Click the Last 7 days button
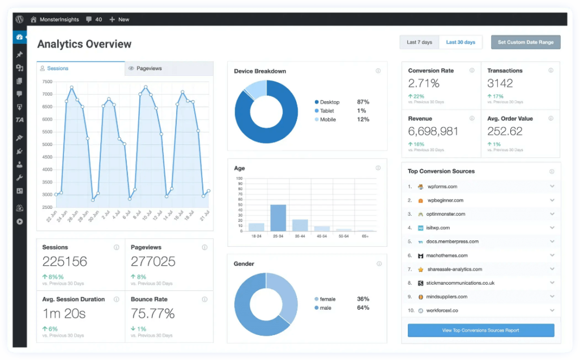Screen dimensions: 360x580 click(x=419, y=42)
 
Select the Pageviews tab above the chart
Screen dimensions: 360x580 click(x=146, y=68)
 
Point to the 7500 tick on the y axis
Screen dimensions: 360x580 click(x=47, y=82)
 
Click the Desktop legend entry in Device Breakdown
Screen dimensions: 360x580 click(x=329, y=102)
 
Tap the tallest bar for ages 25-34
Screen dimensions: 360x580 click(x=278, y=217)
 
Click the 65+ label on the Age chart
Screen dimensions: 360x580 click(x=364, y=236)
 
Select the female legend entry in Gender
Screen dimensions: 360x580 click(x=327, y=299)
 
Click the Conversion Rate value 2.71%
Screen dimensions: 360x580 click(x=424, y=84)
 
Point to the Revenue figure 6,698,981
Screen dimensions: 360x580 click(x=433, y=131)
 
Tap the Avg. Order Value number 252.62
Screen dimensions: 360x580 click(x=505, y=131)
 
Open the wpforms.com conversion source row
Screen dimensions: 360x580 click(x=442, y=186)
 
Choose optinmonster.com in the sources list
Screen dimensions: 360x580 click(x=446, y=214)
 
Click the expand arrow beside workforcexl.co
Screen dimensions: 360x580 click(x=552, y=310)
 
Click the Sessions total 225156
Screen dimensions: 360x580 click(x=65, y=261)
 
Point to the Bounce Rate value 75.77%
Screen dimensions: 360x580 click(x=152, y=313)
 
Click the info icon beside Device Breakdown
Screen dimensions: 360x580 click(x=378, y=71)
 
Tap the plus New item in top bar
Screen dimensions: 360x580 click(x=120, y=19)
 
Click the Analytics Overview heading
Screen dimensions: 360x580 click(x=84, y=44)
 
